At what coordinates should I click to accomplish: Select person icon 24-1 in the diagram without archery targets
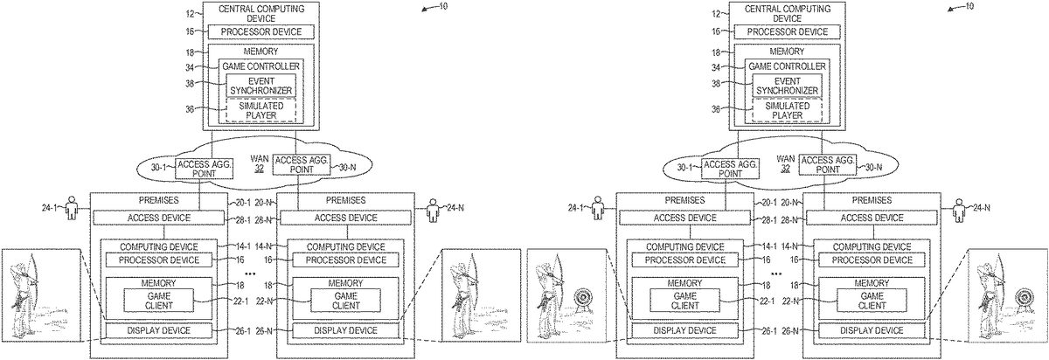coord(73,209)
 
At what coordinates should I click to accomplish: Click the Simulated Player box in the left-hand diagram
coord(258,110)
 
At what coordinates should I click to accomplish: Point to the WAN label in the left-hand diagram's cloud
coord(259,159)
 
